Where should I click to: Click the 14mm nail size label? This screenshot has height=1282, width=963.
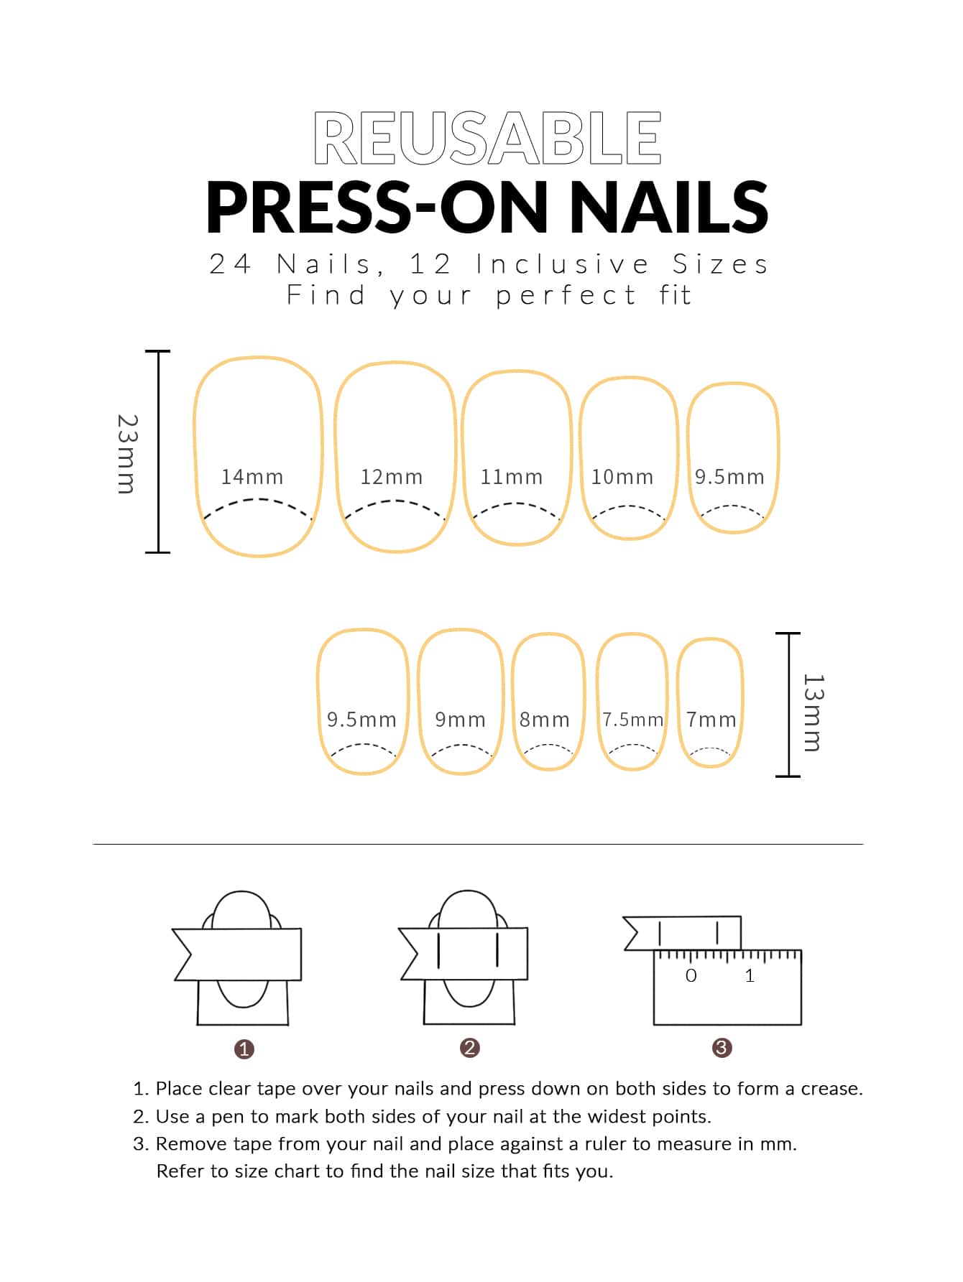(x=252, y=477)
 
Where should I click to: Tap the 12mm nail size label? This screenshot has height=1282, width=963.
(x=391, y=477)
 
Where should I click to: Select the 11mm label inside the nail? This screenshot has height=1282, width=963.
(x=511, y=477)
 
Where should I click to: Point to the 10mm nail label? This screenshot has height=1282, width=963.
(x=622, y=477)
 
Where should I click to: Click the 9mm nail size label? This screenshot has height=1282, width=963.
(x=460, y=720)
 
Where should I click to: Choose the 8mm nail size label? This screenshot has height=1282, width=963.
(x=544, y=720)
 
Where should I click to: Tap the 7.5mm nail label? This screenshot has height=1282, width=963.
(x=632, y=720)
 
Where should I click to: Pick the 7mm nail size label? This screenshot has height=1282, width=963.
(x=711, y=720)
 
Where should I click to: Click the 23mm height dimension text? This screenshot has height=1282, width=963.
(x=126, y=453)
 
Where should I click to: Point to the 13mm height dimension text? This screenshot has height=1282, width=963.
(x=813, y=712)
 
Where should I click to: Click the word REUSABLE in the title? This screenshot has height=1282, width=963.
(x=487, y=137)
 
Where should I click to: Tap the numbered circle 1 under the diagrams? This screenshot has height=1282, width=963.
(x=244, y=1049)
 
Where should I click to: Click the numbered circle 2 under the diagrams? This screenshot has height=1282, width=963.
(x=469, y=1048)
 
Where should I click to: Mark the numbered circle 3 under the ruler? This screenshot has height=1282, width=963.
(x=722, y=1048)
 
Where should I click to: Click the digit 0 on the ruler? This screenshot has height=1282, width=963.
(x=691, y=975)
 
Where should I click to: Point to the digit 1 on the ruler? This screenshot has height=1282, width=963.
(x=750, y=975)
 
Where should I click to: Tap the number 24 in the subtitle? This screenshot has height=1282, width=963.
(x=230, y=264)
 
